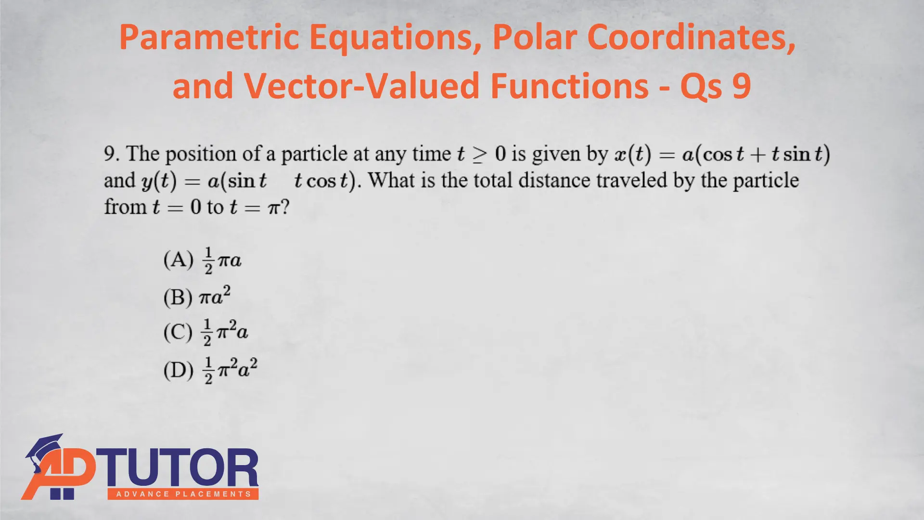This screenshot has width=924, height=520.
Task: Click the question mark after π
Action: [285, 207]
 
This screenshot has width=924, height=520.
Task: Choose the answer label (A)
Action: [178, 260]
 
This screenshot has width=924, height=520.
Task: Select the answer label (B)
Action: [178, 297]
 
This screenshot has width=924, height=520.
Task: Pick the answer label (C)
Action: [178, 332]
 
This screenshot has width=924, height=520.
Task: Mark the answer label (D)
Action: [178, 370]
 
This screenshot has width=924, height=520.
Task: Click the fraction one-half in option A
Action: [208, 261]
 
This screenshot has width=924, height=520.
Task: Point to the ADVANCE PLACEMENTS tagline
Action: [183, 494]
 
